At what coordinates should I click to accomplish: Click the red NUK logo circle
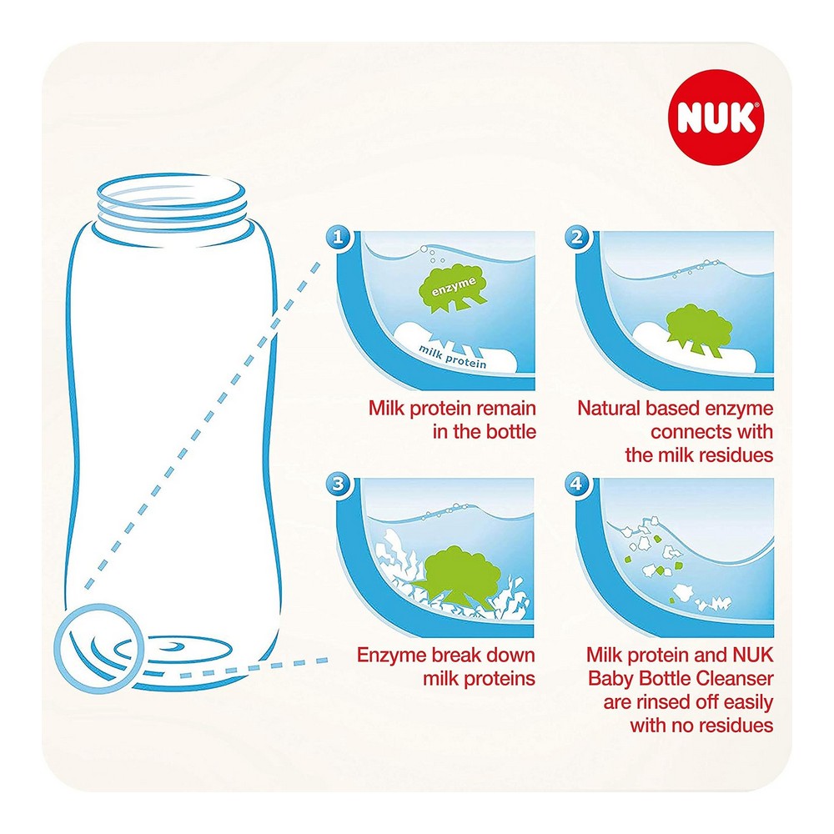(716, 117)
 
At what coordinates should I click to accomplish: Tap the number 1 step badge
(338, 237)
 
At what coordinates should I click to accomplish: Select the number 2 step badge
(577, 237)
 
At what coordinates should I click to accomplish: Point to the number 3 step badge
(338, 484)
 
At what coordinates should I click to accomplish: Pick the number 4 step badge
(577, 484)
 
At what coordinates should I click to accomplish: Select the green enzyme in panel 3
(456, 578)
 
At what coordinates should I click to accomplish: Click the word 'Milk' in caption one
(386, 409)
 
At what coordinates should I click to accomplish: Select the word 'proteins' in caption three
(500, 679)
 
